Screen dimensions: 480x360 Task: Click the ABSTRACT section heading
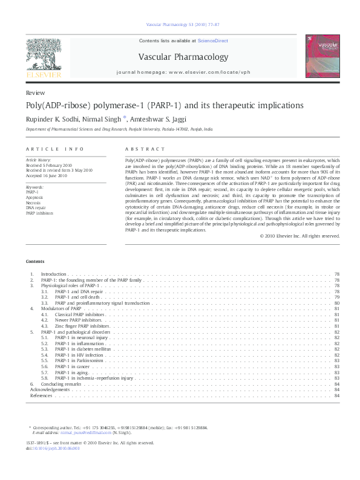pyautogui.click(x=145, y=149)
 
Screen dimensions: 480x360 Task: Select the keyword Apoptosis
pyautogui.click(x=35, y=197)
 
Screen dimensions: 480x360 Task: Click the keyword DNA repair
pyautogui.click(x=34, y=207)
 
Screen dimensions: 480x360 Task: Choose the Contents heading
pyautogui.click(x=35, y=261)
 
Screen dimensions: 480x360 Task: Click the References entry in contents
pyautogui.click(x=41, y=395)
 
